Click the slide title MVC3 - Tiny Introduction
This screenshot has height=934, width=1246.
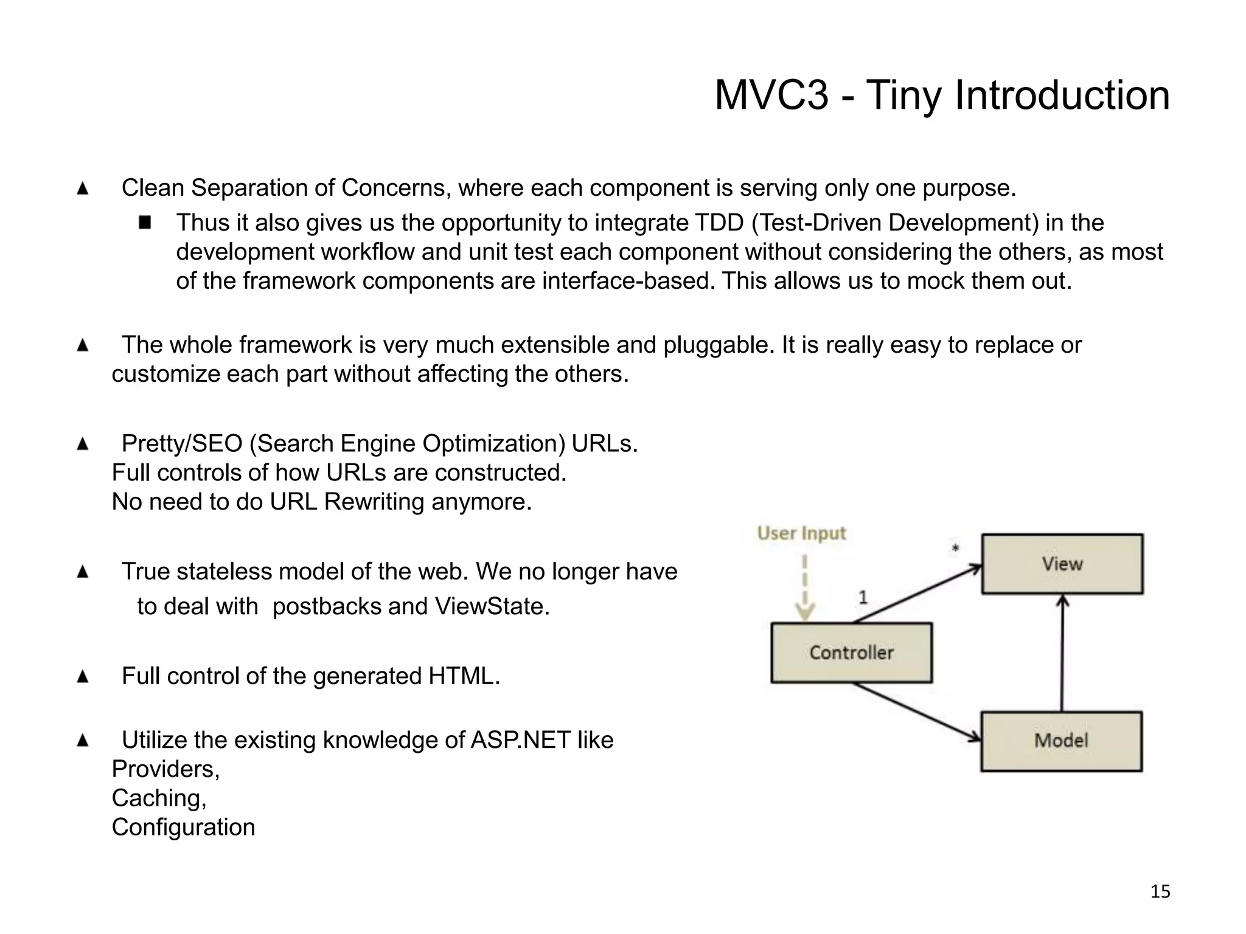(941, 95)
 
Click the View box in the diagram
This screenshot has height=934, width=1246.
(1062, 564)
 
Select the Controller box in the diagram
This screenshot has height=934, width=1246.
(851, 652)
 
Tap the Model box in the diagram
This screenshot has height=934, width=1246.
(1061, 741)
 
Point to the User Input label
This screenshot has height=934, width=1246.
(801, 533)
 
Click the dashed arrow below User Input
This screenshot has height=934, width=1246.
(805, 587)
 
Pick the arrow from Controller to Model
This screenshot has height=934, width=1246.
(917, 711)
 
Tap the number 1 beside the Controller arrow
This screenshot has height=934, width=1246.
(863, 597)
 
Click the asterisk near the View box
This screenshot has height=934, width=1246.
(955, 548)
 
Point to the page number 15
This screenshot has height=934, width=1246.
(1160, 891)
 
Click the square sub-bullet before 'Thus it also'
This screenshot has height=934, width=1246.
(145, 222)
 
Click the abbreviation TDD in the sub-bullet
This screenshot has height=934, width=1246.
(719, 223)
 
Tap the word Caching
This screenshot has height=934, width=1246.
(159, 798)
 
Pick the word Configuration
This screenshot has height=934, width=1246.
(183, 827)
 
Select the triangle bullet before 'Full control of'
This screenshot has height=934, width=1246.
(83, 676)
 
